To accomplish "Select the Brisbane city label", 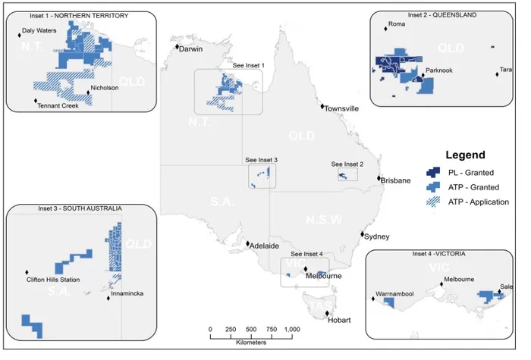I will point(395,180).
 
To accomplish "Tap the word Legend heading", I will point(465,155).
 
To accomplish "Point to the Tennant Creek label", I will point(58,106).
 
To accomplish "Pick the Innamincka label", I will point(126,293).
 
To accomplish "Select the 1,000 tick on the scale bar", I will point(291,329).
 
